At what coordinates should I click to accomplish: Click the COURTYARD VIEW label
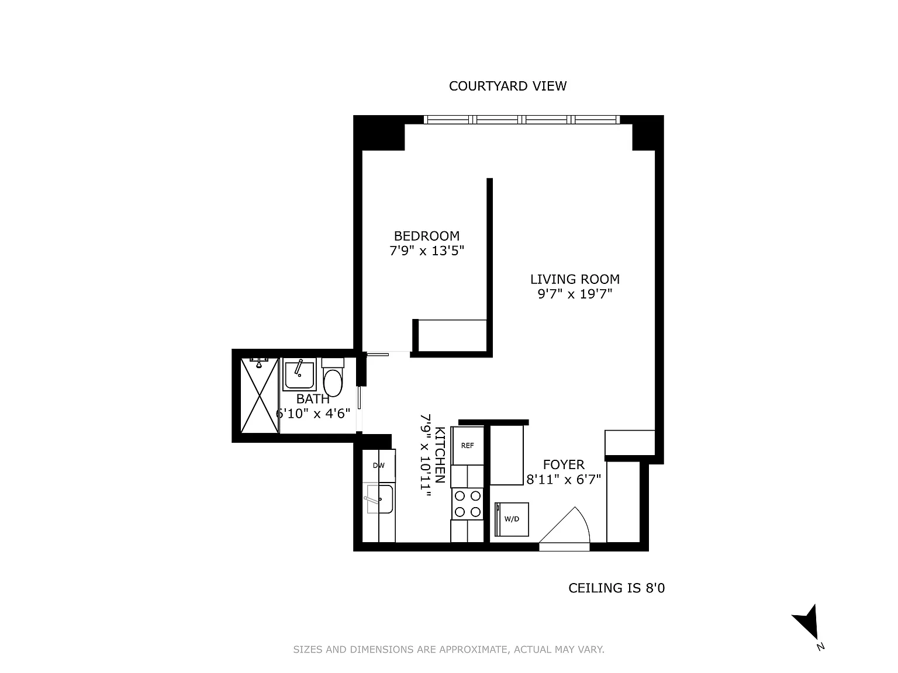[x=507, y=86]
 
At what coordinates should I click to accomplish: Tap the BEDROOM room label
[x=426, y=236]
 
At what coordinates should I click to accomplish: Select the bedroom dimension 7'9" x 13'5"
[x=427, y=251]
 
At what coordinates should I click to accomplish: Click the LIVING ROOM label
[x=575, y=279]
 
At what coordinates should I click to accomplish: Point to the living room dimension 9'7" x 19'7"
[x=575, y=294]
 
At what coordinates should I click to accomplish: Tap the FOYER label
[x=564, y=464]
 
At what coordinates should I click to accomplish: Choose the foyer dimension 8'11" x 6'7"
[x=564, y=479]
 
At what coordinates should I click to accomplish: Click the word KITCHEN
[x=440, y=455]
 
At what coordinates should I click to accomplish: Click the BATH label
[x=313, y=399]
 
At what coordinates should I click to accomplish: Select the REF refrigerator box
[x=467, y=446]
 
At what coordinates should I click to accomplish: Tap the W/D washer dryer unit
[x=512, y=519]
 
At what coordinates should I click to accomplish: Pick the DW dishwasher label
[x=379, y=466]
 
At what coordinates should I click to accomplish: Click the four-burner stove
[x=467, y=504]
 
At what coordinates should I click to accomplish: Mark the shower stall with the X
[x=260, y=396]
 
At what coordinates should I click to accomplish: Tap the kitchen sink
[x=379, y=499]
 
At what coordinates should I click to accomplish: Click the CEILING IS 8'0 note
[x=617, y=588]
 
